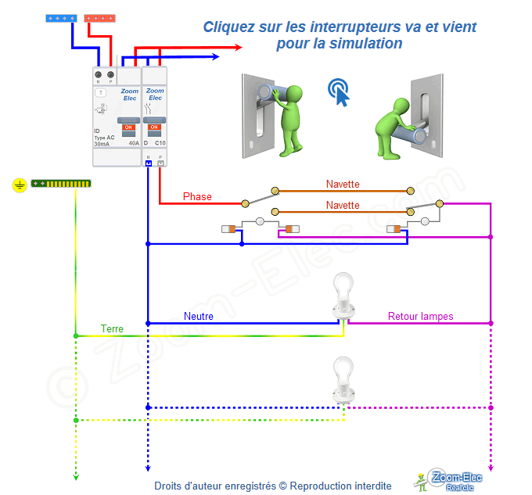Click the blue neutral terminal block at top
pyautogui.click(x=63, y=17)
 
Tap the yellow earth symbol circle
pyautogui.click(x=20, y=185)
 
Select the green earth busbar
pyautogui.click(x=61, y=185)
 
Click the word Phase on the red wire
pyautogui.click(x=197, y=196)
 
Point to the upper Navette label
pyautogui.click(x=343, y=185)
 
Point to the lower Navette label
pyautogui.click(x=343, y=206)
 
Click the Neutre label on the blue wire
pyautogui.click(x=199, y=317)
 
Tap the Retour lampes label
pyautogui.click(x=421, y=317)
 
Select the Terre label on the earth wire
pyautogui.click(x=112, y=329)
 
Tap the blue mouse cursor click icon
pyautogui.click(x=339, y=90)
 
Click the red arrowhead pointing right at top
pyautogui.click(x=239, y=47)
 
